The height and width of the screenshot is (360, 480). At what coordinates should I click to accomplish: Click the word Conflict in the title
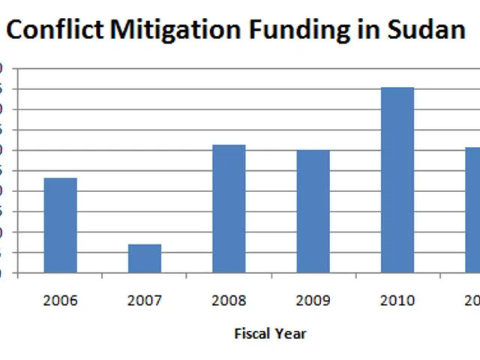(55, 30)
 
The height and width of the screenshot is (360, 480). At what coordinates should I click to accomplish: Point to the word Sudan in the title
(426, 30)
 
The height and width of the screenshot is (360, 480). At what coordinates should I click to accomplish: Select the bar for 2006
(60, 225)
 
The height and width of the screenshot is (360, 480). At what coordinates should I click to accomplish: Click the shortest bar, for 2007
(145, 258)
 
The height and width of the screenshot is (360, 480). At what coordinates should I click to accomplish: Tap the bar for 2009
(313, 211)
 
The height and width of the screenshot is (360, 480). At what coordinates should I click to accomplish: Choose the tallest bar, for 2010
(397, 180)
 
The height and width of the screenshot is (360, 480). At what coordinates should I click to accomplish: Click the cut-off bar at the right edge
(473, 210)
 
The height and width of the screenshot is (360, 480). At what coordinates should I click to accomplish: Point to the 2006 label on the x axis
(60, 301)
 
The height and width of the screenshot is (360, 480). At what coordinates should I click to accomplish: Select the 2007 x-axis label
(145, 301)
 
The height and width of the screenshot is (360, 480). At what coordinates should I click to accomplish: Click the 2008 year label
(229, 301)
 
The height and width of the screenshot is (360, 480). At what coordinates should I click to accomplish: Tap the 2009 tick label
(313, 301)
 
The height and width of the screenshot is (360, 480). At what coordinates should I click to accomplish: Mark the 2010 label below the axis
(397, 301)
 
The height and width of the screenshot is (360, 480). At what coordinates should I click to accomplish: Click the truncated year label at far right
(472, 301)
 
